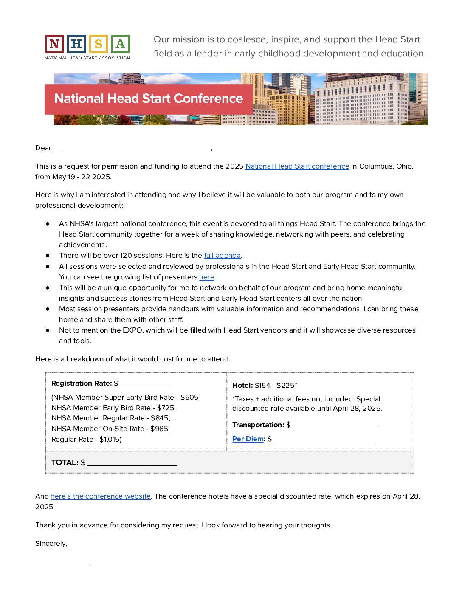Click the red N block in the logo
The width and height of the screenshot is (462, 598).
click(x=54, y=44)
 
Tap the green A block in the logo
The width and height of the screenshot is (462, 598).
click(x=121, y=44)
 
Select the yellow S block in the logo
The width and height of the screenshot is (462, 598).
click(x=99, y=44)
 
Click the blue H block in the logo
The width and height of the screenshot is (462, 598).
click(x=76, y=44)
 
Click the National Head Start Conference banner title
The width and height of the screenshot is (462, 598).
click(x=149, y=99)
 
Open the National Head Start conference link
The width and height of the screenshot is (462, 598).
click(x=297, y=166)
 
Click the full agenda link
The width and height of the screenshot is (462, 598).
click(x=222, y=255)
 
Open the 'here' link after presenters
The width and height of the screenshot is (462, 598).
click(x=207, y=277)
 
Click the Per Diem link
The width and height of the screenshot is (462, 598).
click(x=248, y=439)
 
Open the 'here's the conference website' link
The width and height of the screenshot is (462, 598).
click(x=101, y=496)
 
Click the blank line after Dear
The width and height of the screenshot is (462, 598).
click(x=132, y=148)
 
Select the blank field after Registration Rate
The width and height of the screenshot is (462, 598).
click(x=144, y=384)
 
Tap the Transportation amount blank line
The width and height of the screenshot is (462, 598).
click(x=335, y=425)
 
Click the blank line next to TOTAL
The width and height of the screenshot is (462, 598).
click(x=132, y=463)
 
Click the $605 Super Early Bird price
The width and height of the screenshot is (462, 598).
click(x=189, y=397)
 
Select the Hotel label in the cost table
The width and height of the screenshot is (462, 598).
click(x=242, y=385)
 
